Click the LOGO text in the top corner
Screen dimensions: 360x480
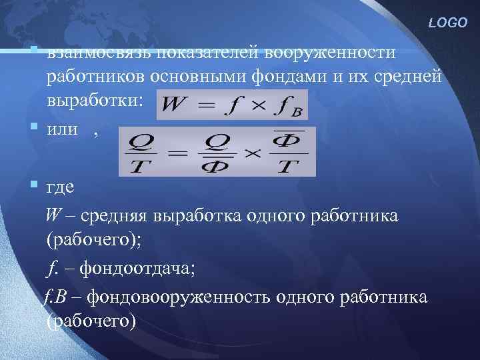click(449, 23)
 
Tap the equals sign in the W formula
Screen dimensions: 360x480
click(208, 106)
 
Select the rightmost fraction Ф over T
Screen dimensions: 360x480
click(288, 151)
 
